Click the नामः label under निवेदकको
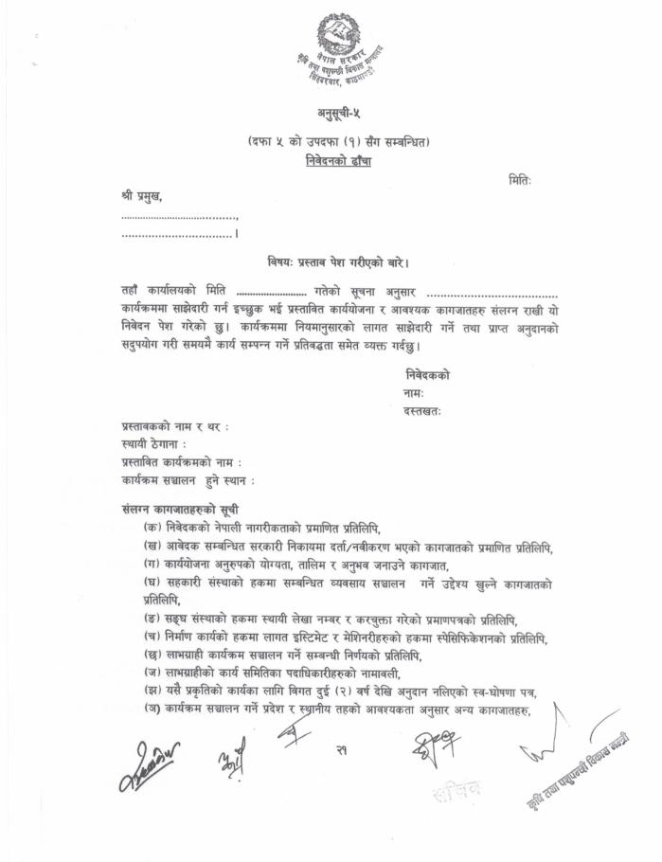click(x=414, y=393)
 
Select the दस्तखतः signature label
click(x=422, y=411)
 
